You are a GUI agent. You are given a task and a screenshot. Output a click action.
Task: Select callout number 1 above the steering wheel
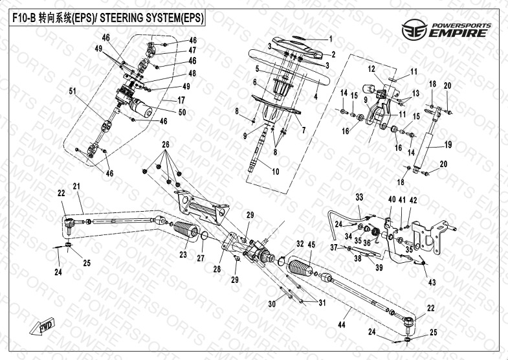click(x=330, y=38)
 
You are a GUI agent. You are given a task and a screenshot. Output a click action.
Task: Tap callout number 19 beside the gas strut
click(x=448, y=144)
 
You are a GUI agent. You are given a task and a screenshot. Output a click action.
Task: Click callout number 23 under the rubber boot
click(x=183, y=254)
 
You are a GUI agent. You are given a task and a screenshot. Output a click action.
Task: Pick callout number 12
click(x=372, y=69)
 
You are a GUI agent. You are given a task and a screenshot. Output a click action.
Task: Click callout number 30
click(x=271, y=303)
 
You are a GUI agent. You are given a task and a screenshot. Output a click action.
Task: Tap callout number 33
click(x=359, y=196)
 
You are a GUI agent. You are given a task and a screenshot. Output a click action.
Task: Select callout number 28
click(x=217, y=267)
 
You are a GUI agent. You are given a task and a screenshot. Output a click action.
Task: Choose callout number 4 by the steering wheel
click(x=315, y=96)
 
